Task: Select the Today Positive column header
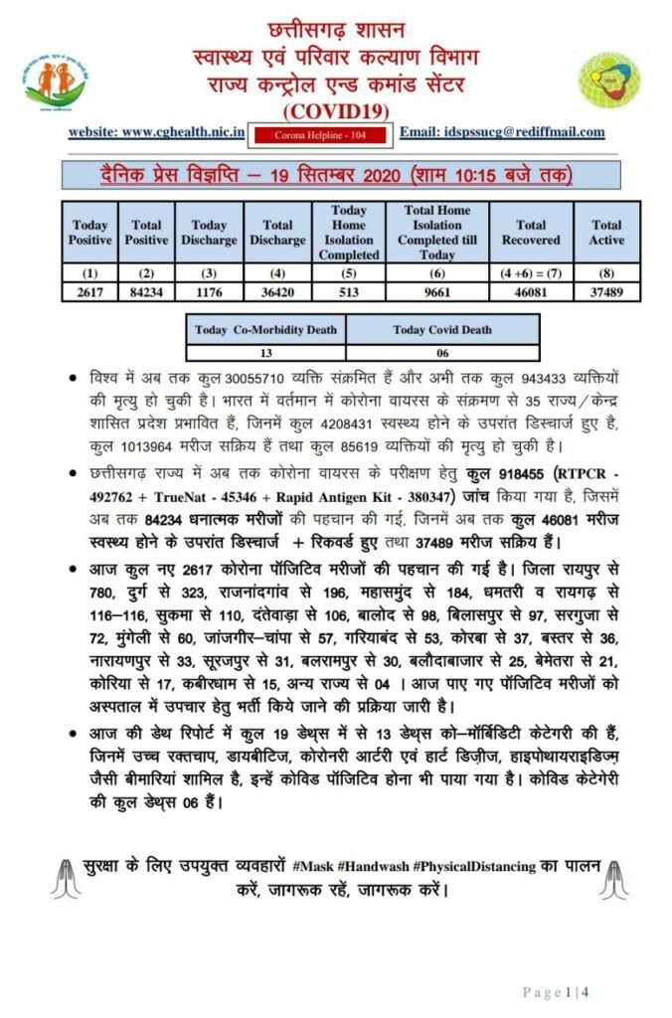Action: click(89, 233)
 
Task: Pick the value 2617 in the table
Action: click(89, 292)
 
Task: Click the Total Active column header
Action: click(606, 233)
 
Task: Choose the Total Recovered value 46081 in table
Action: click(532, 292)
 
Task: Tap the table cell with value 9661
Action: click(437, 292)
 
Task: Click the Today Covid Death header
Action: click(442, 330)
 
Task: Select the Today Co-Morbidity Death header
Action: click(265, 330)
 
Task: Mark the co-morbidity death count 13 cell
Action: click(265, 351)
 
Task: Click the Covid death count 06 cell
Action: click(442, 351)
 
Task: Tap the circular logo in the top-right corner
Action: click(609, 82)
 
